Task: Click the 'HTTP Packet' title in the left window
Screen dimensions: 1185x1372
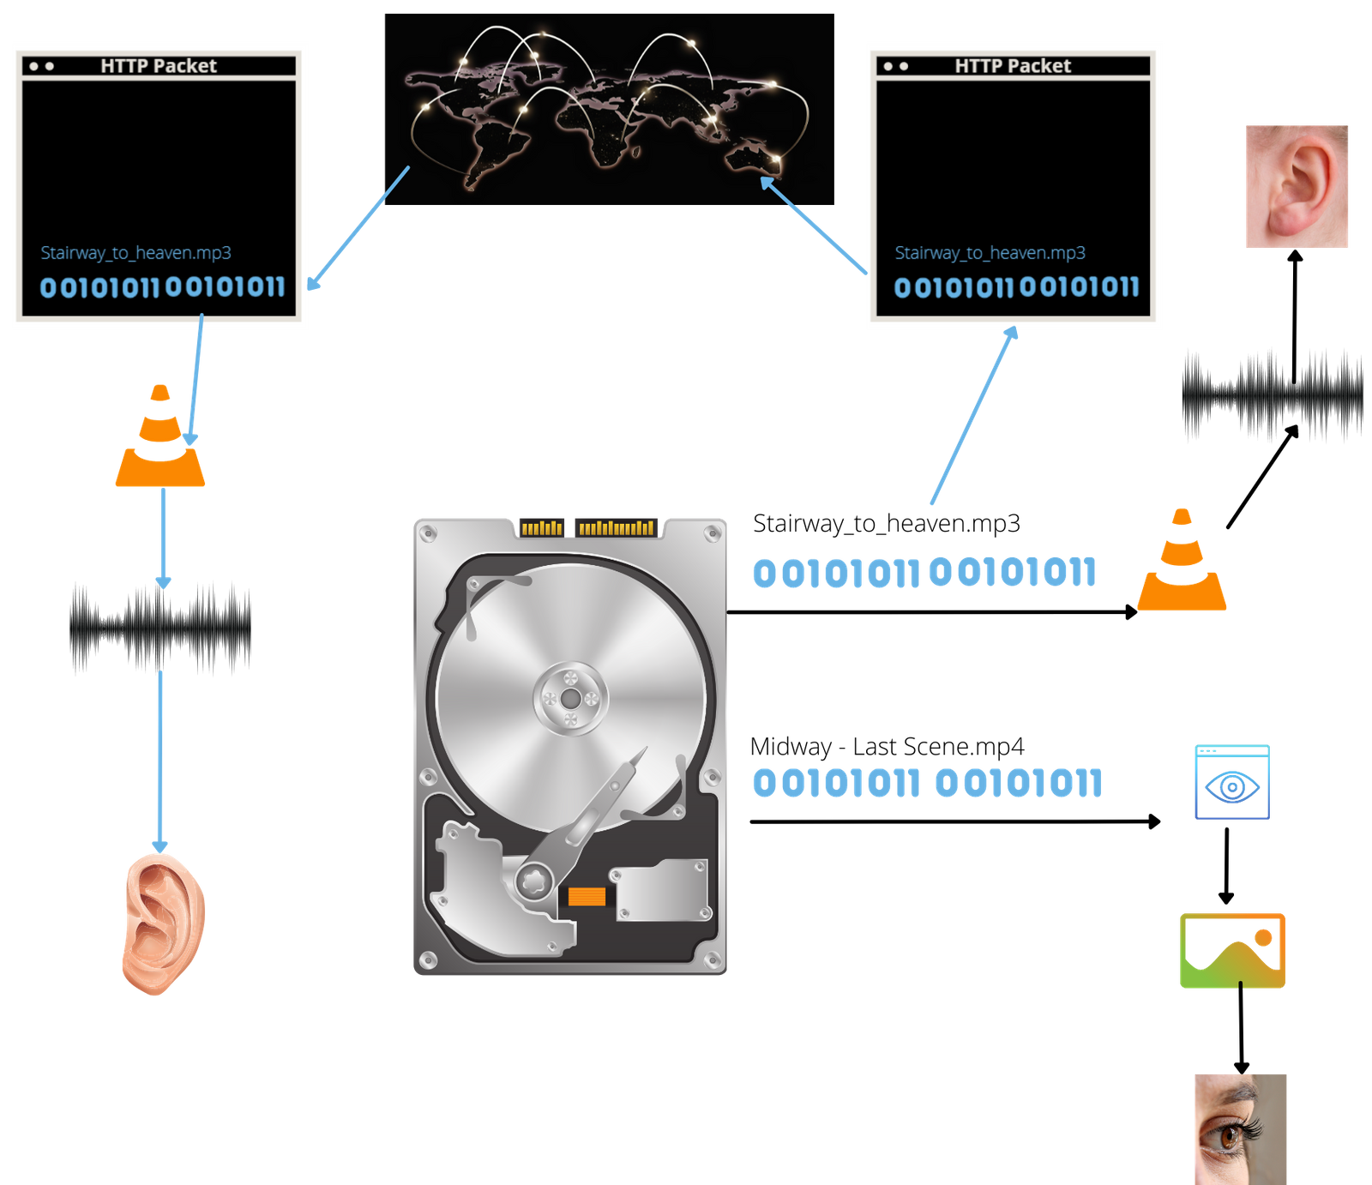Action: [159, 66]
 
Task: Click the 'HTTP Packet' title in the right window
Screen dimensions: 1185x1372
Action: [1013, 66]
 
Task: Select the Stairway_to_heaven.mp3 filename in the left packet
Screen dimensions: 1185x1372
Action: [135, 253]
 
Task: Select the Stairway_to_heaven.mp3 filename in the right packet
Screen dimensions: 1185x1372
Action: [990, 253]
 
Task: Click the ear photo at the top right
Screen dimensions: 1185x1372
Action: [1297, 186]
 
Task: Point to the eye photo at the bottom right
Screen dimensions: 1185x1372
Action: [1239, 1128]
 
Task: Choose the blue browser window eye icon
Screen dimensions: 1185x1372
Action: [1232, 782]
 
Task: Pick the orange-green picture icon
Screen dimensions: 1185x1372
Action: [1232, 951]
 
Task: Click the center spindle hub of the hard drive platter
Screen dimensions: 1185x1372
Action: [570, 699]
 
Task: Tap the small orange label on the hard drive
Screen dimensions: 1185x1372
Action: [587, 897]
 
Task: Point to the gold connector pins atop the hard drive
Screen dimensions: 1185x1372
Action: [588, 527]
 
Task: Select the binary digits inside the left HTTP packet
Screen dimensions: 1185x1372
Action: [162, 287]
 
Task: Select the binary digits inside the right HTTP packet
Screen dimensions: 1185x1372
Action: [1016, 287]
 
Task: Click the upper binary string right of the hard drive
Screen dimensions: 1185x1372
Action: [924, 573]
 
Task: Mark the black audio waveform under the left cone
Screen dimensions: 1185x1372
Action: [160, 629]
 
